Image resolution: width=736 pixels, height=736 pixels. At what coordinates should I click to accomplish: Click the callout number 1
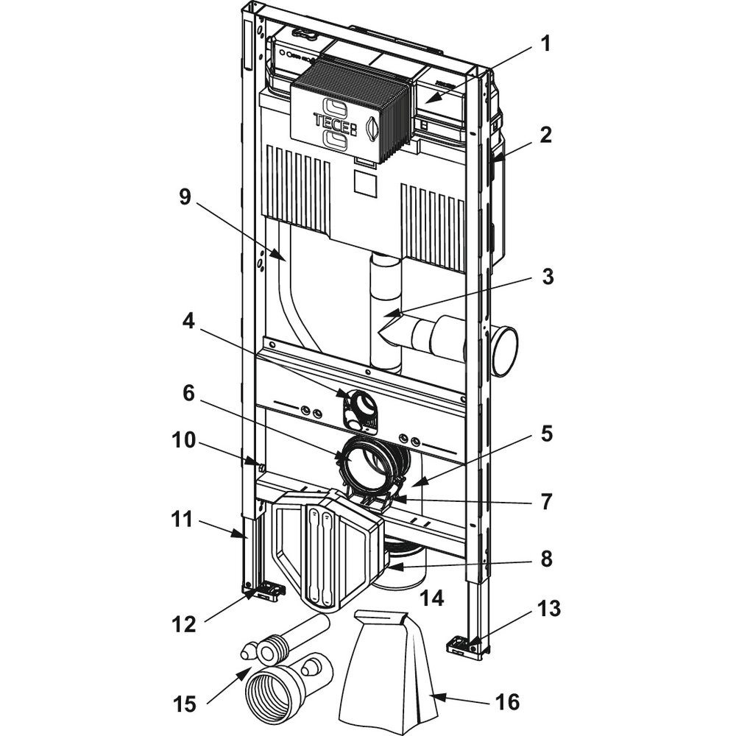pos(545,43)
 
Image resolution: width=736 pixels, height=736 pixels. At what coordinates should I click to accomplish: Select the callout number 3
pos(545,279)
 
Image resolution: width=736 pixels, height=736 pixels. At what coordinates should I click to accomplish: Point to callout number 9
pos(185,197)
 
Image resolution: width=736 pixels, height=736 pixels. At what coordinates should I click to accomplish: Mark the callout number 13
pos(549,609)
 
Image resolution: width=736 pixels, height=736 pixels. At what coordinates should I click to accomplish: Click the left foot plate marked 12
pos(263,590)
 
